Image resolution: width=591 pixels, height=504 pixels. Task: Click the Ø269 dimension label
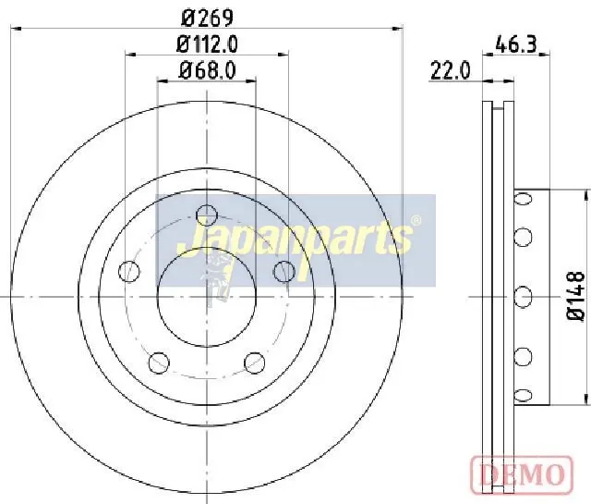tap(207, 18)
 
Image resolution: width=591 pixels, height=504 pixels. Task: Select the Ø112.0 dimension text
tap(207, 44)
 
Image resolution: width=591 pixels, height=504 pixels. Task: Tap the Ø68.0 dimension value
tap(208, 70)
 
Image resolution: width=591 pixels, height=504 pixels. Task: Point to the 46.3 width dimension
tap(515, 44)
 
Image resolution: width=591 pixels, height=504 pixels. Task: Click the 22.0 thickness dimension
tap(451, 70)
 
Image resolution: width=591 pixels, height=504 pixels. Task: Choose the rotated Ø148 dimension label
tap(576, 296)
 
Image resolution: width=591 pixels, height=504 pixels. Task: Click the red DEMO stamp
tap(522, 474)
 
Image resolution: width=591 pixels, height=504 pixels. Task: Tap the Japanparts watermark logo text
tap(295, 240)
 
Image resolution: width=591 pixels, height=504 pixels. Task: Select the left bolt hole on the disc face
tap(129, 271)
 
